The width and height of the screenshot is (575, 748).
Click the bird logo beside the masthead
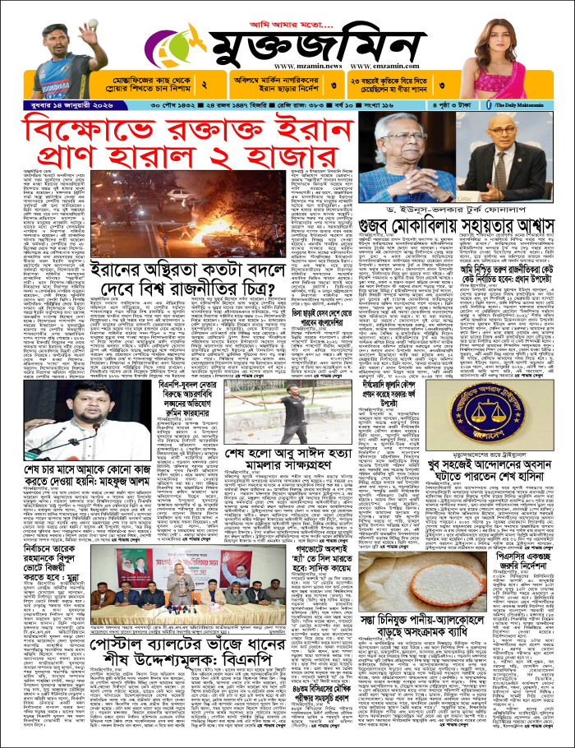click(173, 46)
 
